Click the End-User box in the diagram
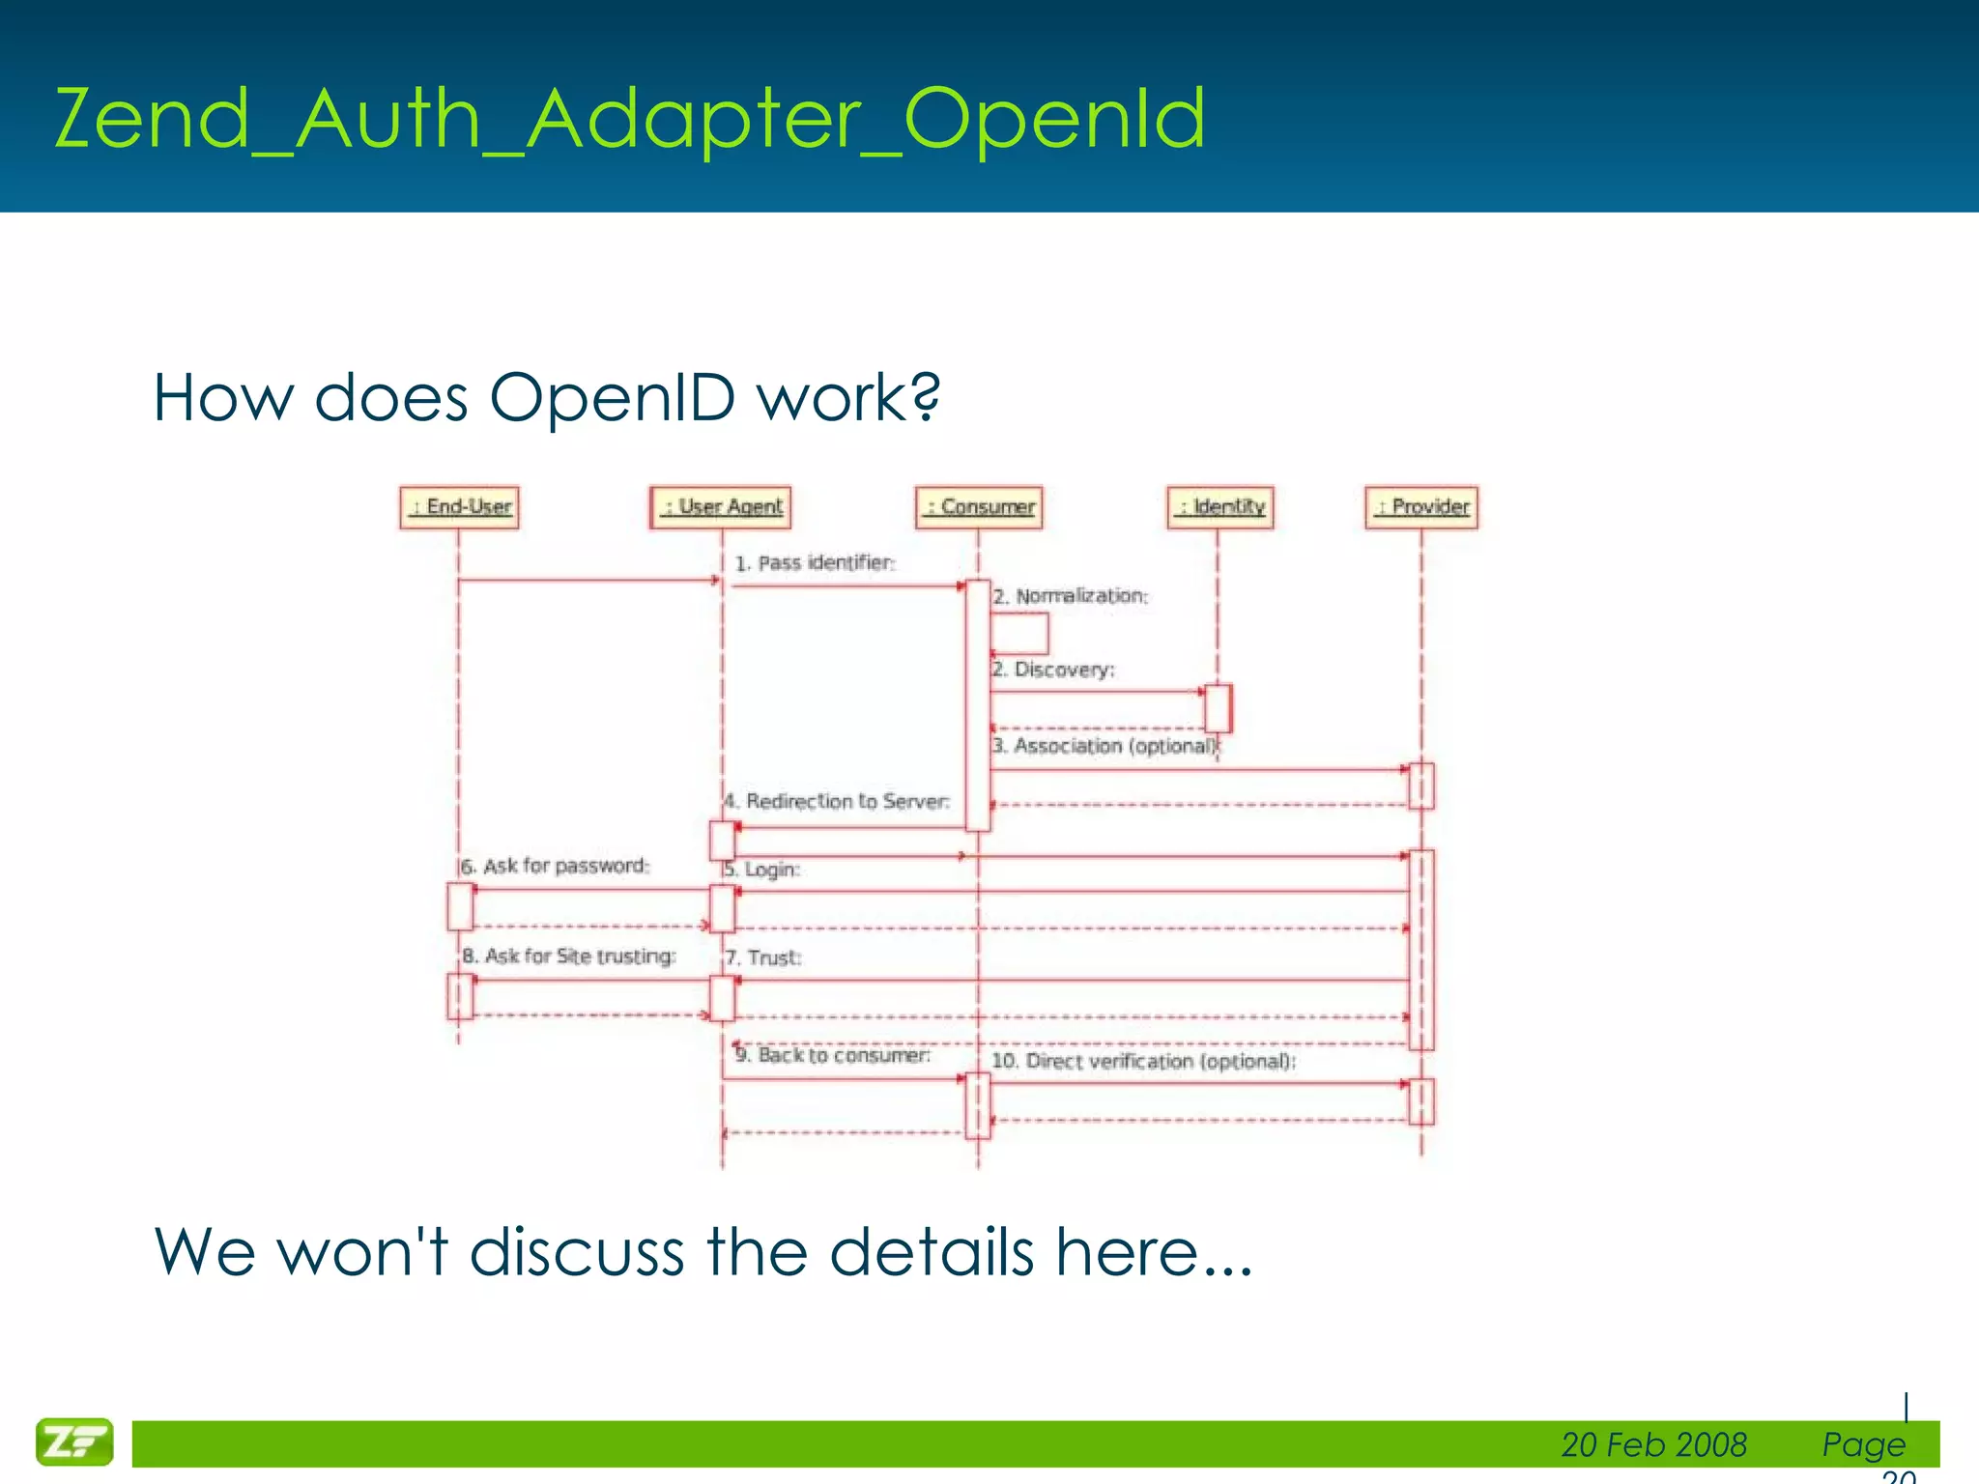tap(459, 507)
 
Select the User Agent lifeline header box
tap(721, 507)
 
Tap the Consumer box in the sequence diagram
tap(979, 507)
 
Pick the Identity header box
tap(1220, 507)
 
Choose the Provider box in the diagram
tap(1421, 507)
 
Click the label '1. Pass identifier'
tap(815, 563)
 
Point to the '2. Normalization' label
tap(1071, 596)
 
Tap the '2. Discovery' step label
tap(1053, 670)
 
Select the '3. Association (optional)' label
tap(1105, 746)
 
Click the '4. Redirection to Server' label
tap(837, 801)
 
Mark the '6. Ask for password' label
tap(555, 866)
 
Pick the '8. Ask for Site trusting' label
tap(568, 956)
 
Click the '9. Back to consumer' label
tap(832, 1055)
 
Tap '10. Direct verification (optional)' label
tap(1143, 1061)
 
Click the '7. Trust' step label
tap(763, 957)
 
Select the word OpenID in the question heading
tap(612, 397)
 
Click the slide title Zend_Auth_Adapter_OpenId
tap(630, 118)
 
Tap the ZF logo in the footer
tap(74, 1441)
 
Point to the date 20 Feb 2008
tap(1653, 1444)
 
